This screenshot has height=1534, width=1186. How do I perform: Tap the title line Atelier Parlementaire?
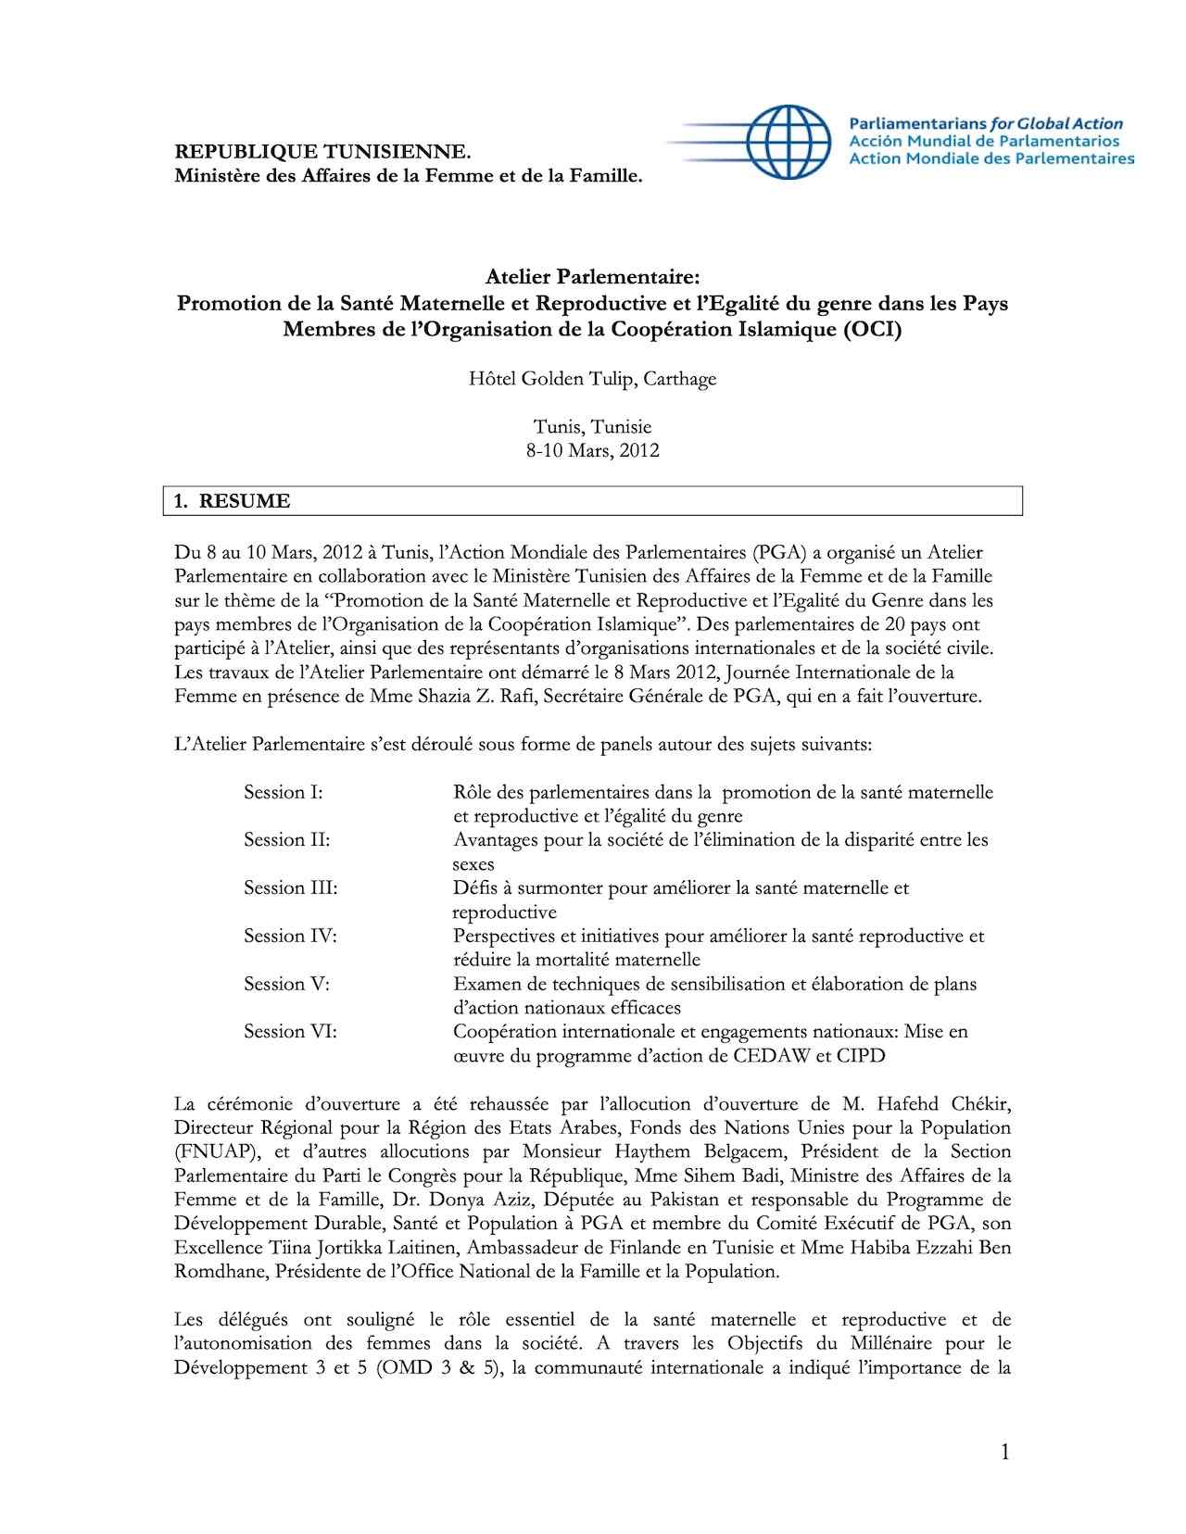(592, 277)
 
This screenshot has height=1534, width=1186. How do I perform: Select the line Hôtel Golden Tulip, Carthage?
(592, 379)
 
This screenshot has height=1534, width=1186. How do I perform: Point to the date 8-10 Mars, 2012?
(592, 451)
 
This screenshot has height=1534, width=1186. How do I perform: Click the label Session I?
(283, 792)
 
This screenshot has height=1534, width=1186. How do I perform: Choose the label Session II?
(286, 840)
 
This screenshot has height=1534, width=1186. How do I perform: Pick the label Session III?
(290, 887)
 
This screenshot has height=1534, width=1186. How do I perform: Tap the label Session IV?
(290, 936)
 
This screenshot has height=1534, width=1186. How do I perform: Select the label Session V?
(286, 984)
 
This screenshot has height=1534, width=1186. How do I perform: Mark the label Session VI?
(290, 1031)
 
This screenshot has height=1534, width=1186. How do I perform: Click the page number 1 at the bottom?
(1004, 1452)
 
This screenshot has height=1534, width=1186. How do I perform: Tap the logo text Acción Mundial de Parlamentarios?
(983, 142)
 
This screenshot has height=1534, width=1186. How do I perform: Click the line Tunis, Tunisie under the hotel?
(592, 427)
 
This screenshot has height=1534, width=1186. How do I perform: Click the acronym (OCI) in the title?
(871, 329)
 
